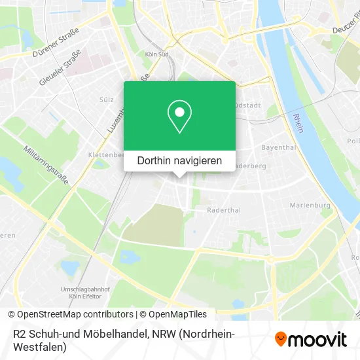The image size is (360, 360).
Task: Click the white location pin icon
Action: tap(179, 116)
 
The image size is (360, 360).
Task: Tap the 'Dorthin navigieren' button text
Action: tap(179, 160)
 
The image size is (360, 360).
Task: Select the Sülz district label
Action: tap(106, 99)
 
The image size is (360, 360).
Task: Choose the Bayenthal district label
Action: tap(274, 148)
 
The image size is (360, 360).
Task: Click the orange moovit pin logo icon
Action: tap(281, 338)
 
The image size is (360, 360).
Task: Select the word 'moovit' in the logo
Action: tap(317, 339)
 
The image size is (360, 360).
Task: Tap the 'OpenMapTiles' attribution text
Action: tap(179, 314)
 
